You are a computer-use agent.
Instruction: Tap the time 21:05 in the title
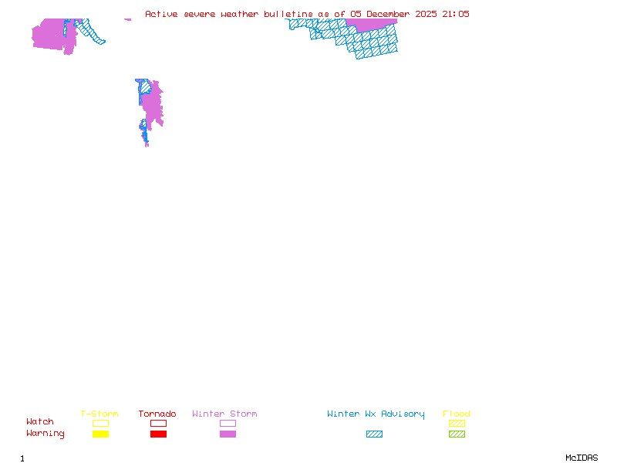(x=455, y=14)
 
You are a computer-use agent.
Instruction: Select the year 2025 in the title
(x=427, y=14)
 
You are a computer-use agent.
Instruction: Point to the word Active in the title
(x=161, y=14)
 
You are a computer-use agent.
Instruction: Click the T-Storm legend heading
(x=99, y=414)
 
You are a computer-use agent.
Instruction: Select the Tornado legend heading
(x=157, y=414)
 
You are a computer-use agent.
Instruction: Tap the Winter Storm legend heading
(x=224, y=414)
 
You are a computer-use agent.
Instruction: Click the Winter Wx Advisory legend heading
(x=376, y=414)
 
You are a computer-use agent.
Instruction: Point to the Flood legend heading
(x=457, y=414)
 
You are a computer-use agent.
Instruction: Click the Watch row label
(x=40, y=422)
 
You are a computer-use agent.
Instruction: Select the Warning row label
(x=46, y=434)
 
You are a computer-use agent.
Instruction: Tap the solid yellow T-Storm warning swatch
(x=100, y=434)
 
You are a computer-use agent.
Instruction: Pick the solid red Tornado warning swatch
(x=158, y=434)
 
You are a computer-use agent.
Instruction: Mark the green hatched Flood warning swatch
(x=457, y=434)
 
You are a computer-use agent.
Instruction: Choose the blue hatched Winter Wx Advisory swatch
(x=374, y=434)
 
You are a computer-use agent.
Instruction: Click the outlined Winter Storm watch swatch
(x=228, y=424)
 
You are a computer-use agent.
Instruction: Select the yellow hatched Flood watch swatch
(x=457, y=424)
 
